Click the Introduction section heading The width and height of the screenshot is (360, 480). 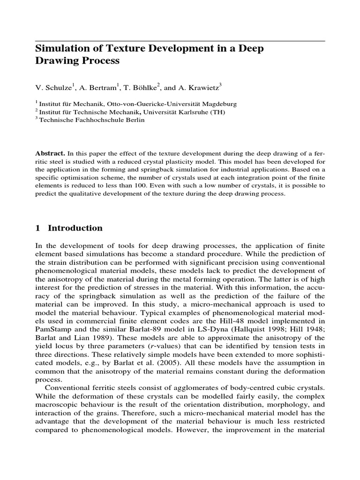click(75, 228)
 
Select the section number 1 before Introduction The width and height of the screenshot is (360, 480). click(38, 228)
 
